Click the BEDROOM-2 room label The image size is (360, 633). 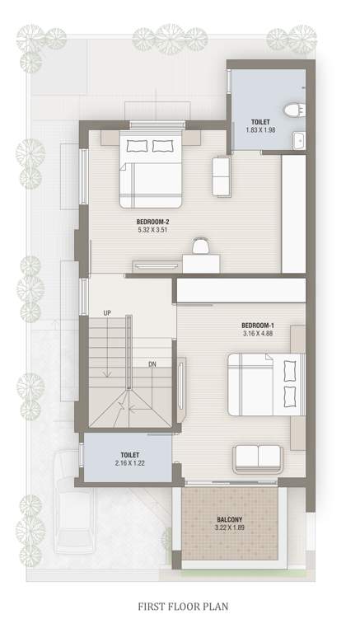pyautogui.click(x=153, y=221)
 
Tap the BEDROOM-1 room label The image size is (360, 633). pyautogui.click(x=259, y=325)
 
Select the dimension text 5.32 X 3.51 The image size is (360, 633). pyautogui.click(x=153, y=230)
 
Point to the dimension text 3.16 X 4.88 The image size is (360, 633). pyautogui.click(x=259, y=334)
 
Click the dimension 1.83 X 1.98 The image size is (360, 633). pyautogui.click(x=260, y=129)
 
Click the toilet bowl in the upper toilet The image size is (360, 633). pyautogui.click(x=292, y=110)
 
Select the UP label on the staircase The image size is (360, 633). pyautogui.click(x=107, y=313)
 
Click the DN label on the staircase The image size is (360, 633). pyautogui.click(x=153, y=364)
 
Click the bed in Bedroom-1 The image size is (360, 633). pyautogui.click(x=263, y=385)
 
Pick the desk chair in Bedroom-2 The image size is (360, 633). pyautogui.click(x=200, y=246)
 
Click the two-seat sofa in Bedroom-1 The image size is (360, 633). pyautogui.click(x=259, y=457)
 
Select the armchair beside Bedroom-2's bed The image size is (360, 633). pyautogui.click(x=222, y=175)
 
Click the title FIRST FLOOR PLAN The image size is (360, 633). pyautogui.click(x=180, y=607)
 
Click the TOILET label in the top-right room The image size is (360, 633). pyautogui.click(x=260, y=120)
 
